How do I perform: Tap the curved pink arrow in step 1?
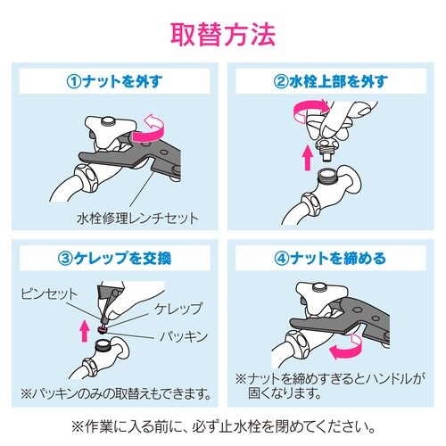[x=154, y=120]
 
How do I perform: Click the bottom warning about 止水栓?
[x=223, y=425]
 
